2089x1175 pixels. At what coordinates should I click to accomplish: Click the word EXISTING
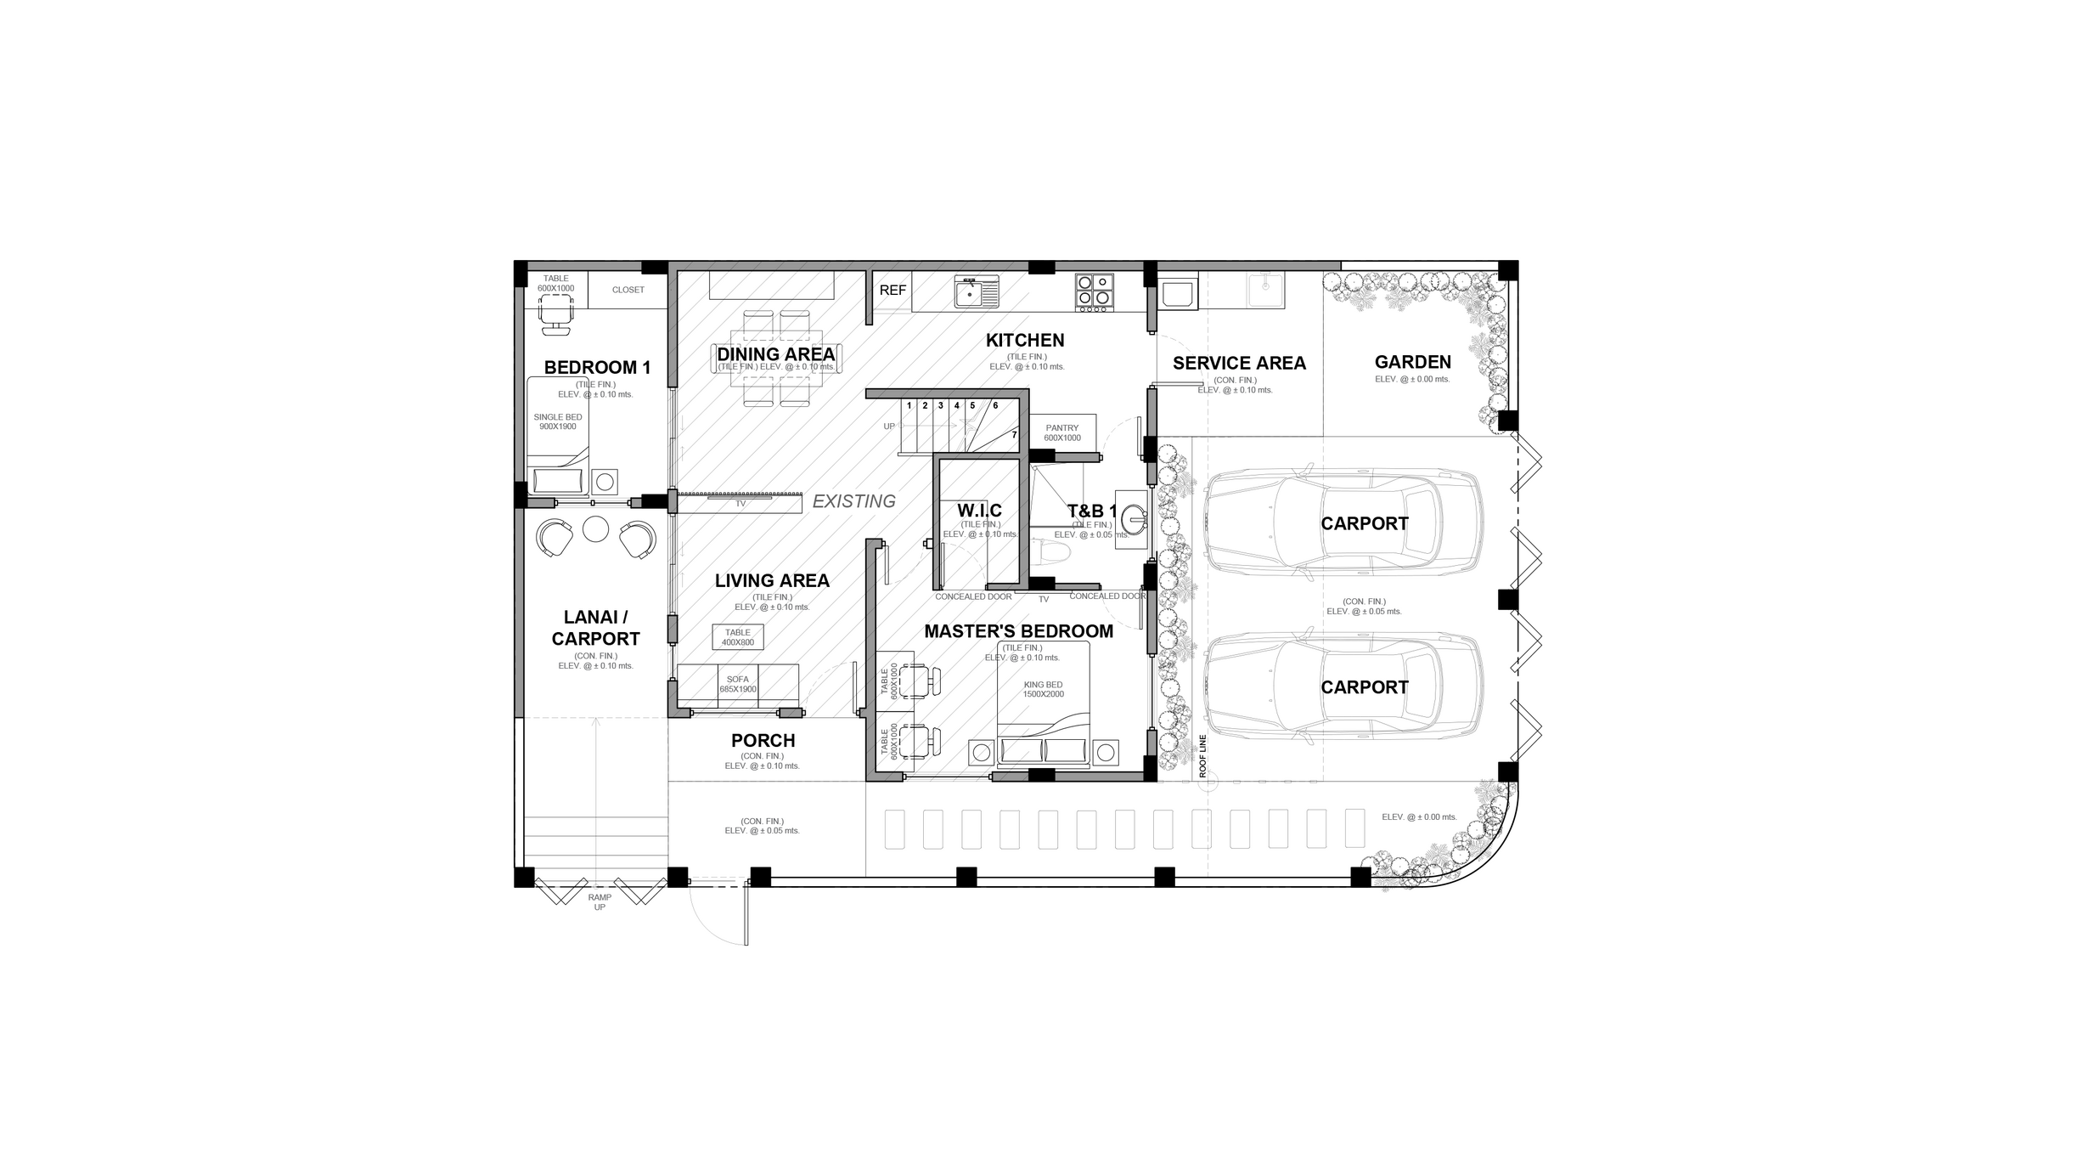(x=853, y=501)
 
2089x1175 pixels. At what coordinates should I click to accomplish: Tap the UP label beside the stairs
(x=887, y=426)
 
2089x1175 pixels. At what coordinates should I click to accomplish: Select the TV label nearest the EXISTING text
(x=740, y=504)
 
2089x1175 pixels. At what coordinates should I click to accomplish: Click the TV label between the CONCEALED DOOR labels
(x=1044, y=599)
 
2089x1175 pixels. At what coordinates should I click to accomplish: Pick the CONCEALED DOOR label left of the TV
(x=973, y=596)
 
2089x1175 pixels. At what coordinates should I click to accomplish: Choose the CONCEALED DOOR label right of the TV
(x=1106, y=596)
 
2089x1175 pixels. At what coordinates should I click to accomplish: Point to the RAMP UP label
(x=600, y=901)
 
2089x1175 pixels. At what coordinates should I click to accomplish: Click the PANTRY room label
(x=1062, y=432)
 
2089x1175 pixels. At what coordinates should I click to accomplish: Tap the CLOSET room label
(x=628, y=290)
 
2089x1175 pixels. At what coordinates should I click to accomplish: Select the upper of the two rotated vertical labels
(x=889, y=681)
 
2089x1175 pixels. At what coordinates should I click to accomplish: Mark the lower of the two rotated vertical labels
(x=889, y=741)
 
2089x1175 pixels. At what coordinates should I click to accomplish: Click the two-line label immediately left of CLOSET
(x=556, y=283)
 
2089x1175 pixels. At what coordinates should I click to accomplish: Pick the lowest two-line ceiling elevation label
(x=762, y=826)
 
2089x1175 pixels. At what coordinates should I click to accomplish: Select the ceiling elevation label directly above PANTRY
(x=1026, y=362)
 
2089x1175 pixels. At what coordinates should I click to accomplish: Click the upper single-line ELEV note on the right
(x=1412, y=379)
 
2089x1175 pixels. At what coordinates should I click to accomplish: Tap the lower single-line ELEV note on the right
(x=1418, y=816)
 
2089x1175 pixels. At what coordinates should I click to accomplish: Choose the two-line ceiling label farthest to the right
(x=1365, y=607)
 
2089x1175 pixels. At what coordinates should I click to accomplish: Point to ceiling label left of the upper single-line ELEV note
(x=1235, y=385)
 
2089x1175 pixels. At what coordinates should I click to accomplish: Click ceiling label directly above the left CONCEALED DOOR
(x=980, y=529)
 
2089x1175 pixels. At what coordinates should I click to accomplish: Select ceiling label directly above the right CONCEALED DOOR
(x=1091, y=529)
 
